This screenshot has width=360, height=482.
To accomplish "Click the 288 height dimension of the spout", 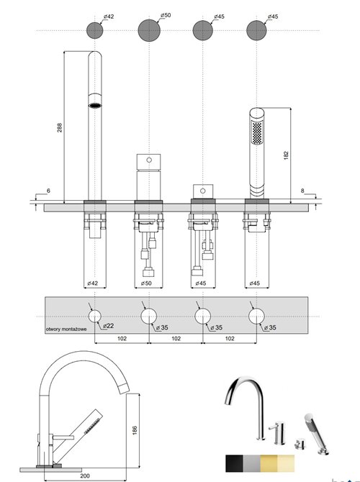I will click(60, 128).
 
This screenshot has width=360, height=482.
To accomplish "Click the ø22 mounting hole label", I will click(108, 326).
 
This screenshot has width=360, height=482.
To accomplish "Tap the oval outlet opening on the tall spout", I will click(95, 106).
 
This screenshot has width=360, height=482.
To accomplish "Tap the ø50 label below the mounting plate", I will click(145, 283).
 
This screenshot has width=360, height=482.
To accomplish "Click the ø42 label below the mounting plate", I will click(92, 283).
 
